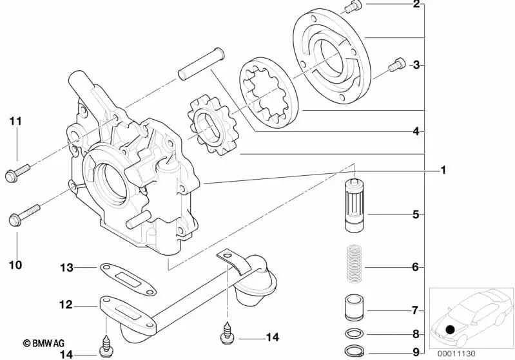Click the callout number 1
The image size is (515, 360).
(x=443, y=170)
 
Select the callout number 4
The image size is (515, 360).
(x=416, y=131)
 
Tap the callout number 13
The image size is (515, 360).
(x=66, y=268)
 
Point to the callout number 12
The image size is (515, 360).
(x=66, y=305)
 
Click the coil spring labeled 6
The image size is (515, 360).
(x=355, y=263)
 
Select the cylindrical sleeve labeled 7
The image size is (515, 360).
(x=354, y=307)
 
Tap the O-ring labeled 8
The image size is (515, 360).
(x=354, y=334)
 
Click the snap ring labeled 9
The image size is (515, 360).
(x=354, y=351)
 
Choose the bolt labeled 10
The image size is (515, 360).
(x=24, y=215)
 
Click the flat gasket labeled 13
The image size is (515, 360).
(x=128, y=279)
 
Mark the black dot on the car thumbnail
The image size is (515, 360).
(x=450, y=330)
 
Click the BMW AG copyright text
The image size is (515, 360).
(x=43, y=343)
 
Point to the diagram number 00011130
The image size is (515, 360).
(x=456, y=354)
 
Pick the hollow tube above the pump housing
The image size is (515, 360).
(x=201, y=64)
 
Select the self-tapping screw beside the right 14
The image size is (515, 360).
(x=227, y=333)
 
